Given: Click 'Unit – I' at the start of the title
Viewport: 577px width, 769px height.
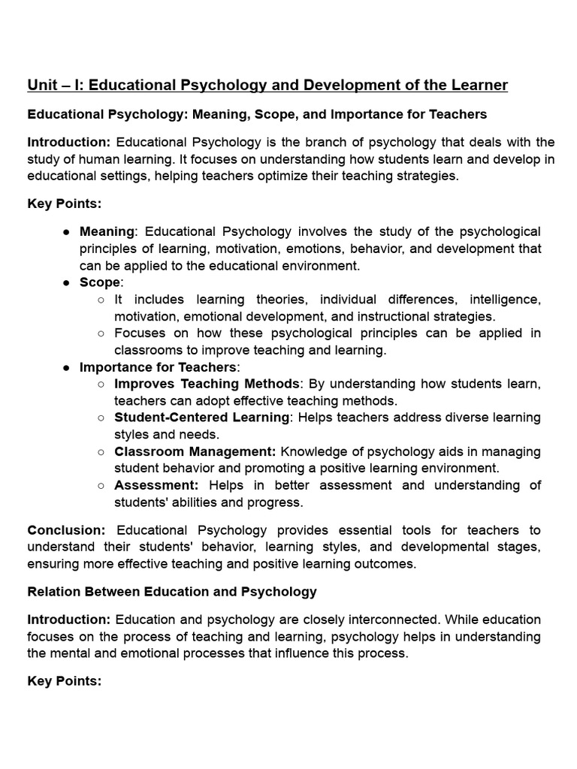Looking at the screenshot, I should pos(53,85).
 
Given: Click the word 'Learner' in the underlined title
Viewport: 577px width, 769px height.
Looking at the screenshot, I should pos(478,85).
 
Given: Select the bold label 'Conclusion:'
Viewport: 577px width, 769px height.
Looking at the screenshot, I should pos(66,530).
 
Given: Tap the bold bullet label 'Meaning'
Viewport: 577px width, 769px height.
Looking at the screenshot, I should pos(107,231).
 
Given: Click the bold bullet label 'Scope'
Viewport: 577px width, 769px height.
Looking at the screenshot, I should pos(100,282).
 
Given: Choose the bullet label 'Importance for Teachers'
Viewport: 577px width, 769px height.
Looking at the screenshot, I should pos(158,367).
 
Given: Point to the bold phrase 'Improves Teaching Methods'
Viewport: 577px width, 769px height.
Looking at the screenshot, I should pos(207,384).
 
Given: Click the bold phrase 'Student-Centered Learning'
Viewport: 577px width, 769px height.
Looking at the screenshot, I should pos(201,418).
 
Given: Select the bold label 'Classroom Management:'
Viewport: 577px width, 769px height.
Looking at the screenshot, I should pos(195,451).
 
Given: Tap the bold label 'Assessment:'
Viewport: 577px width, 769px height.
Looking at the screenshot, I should pos(156,485).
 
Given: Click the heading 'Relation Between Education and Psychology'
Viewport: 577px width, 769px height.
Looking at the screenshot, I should pos(172,592).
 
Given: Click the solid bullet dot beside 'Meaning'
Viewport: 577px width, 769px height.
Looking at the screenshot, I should pos(66,231).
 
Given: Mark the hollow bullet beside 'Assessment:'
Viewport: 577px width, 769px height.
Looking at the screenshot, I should pos(101,485).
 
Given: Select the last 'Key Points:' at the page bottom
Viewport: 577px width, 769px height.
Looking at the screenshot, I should pos(64,681).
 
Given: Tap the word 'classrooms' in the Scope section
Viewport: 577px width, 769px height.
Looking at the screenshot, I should pos(147,350).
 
